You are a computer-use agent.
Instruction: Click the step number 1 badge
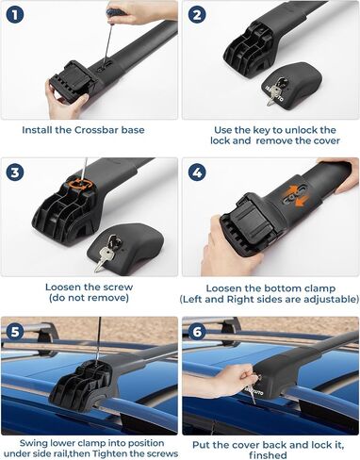[x=15, y=14]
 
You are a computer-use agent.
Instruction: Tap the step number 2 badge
[x=197, y=14]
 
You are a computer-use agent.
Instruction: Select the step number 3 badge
[x=15, y=172]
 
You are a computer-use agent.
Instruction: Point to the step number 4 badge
[x=197, y=172]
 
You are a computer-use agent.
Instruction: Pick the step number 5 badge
[x=15, y=332]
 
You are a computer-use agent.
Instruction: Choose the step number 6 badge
[x=197, y=332]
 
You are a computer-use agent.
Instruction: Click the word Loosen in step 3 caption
[x=62, y=287]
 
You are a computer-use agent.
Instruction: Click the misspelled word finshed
[x=268, y=455]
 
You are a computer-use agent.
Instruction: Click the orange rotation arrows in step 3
[x=82, y=184]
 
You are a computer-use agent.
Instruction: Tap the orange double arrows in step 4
[x=297, y=196]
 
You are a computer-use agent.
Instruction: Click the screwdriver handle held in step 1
[x=116, y=12]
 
